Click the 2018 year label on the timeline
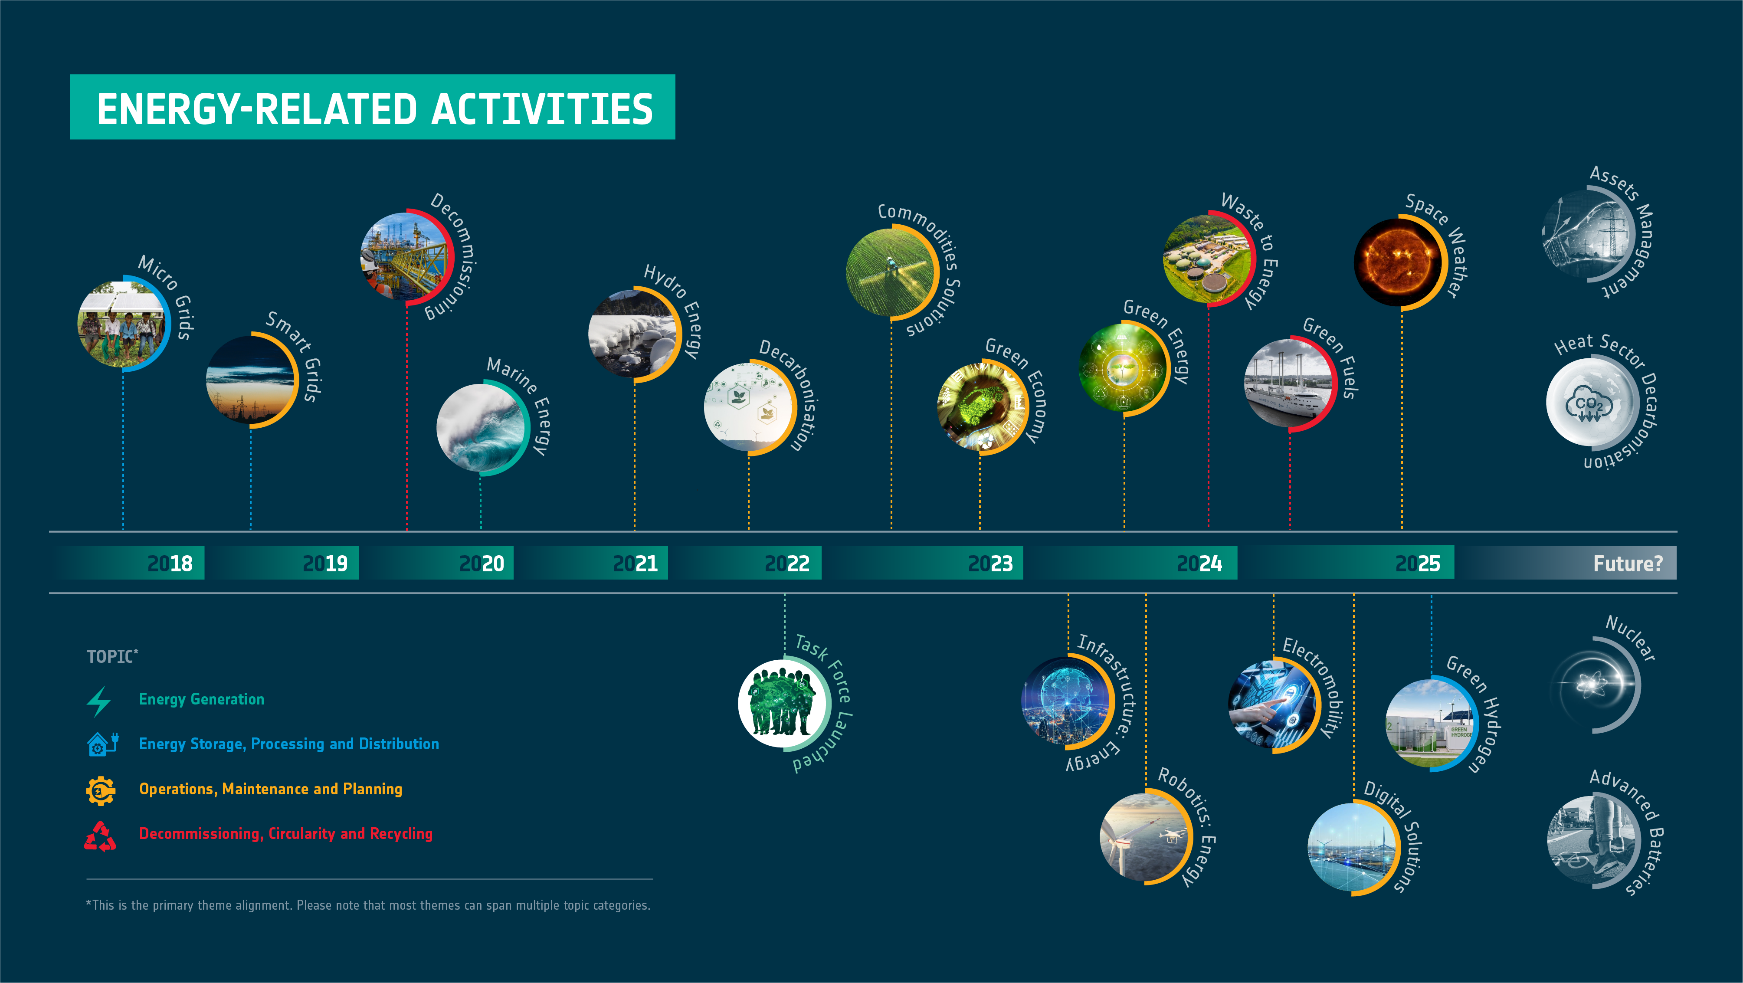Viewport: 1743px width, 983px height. [x=170, y=564]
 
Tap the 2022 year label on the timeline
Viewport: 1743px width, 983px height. [x=787, y=564]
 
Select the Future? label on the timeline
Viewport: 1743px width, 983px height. [x=1627, y=564]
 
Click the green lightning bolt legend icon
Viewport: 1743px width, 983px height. [x=99, y=701]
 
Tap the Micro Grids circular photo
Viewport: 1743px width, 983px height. [x=122, y=325]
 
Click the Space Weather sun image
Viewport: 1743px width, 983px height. [x=1399, y=262]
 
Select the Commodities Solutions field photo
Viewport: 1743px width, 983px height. [x=891, y=271]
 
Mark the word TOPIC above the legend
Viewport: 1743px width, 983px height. [x=110, y=657]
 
